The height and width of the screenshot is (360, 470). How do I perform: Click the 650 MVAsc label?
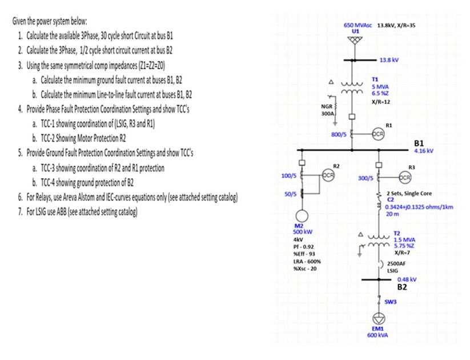[x=357, y=26]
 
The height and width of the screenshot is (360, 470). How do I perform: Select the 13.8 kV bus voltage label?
[x=389, y=59]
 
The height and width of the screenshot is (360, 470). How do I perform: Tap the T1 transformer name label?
[x=375, y=80]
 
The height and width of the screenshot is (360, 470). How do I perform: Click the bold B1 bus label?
[x=419, y=143]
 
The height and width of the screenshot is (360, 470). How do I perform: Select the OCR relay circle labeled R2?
[x=328, y=174]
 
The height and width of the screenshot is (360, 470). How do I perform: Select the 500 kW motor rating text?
[x=302, y=232]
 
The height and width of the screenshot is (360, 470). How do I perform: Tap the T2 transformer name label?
[x=397, y=233]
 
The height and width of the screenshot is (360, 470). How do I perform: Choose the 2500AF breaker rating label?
[x=396, y=264]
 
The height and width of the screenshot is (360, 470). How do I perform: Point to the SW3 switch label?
[x=391, y=301]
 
